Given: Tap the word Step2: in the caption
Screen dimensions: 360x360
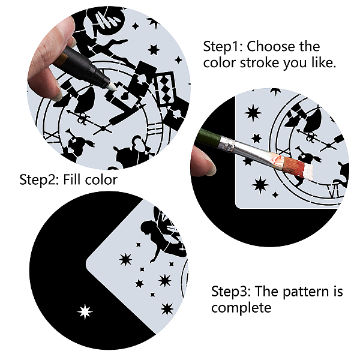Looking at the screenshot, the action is [x=39, y=180].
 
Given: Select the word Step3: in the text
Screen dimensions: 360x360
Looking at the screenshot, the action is [x=231, y=292].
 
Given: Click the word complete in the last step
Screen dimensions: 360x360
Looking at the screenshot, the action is [x=241, y=308].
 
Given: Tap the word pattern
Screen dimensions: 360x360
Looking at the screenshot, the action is [x=305, y=292].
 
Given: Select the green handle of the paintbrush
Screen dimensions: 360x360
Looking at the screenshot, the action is [x=208, y=136].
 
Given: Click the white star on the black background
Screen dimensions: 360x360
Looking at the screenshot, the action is [x=85, y=312].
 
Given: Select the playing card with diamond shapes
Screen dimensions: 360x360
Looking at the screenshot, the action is [x=166, y=89].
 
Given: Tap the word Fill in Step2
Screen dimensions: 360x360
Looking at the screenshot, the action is [x=70, y=179].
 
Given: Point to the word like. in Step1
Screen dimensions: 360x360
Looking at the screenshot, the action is [x=324, y=62].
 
